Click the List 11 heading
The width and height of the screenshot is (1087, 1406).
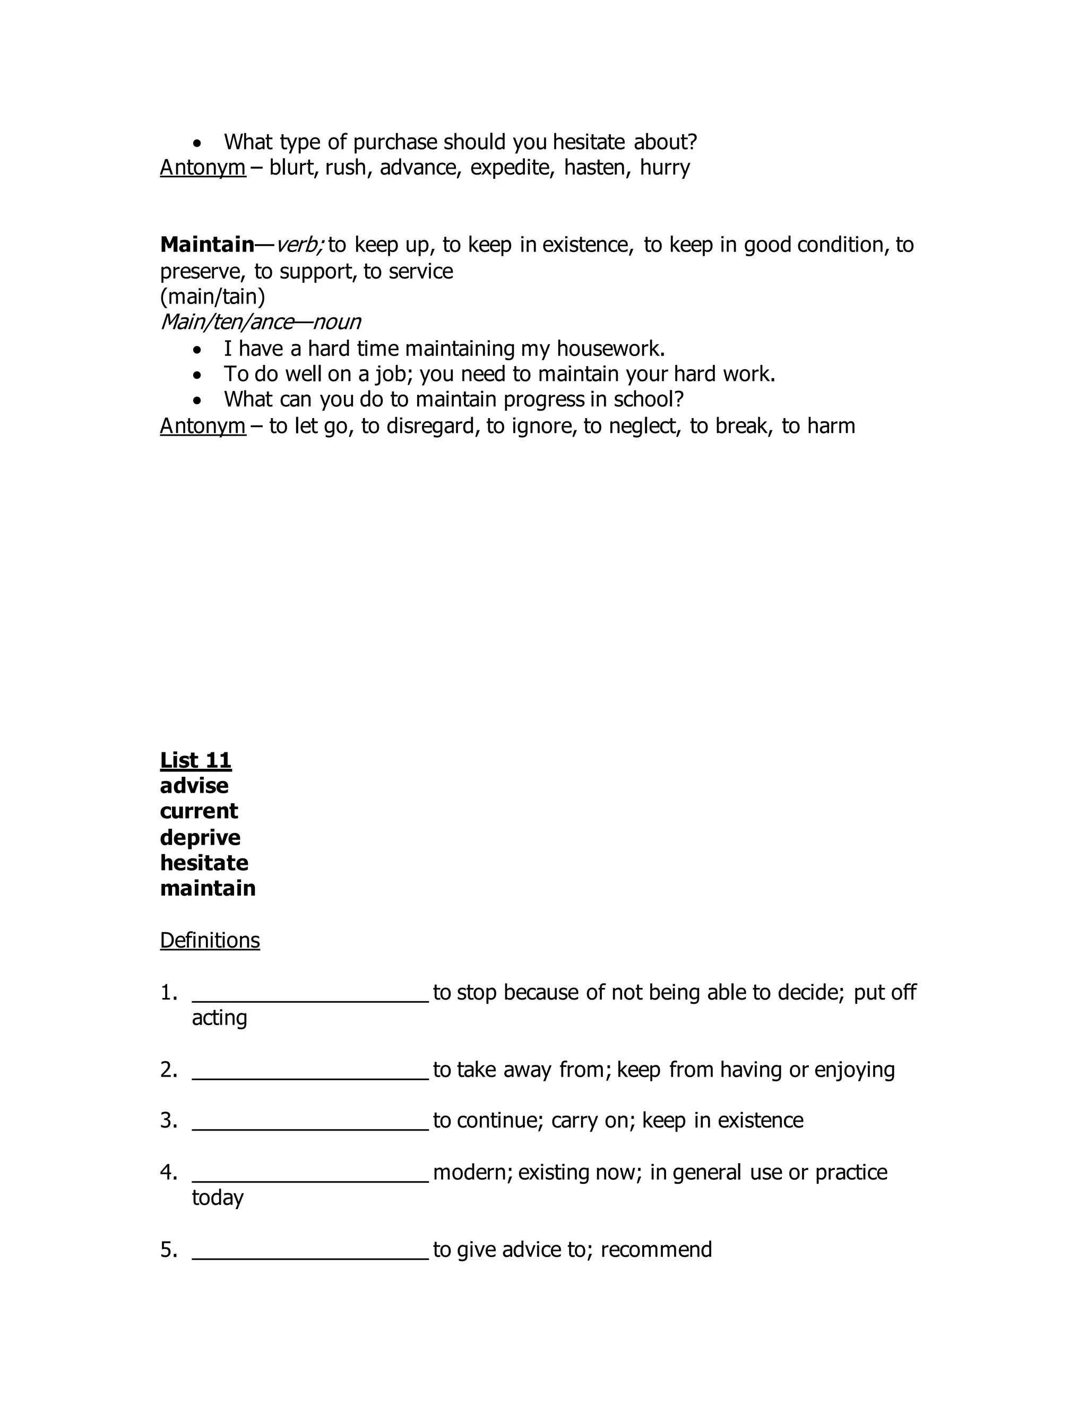coord(195,760)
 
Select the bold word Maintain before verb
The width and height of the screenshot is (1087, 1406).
coord(206,245)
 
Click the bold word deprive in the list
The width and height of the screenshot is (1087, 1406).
coord(200,838)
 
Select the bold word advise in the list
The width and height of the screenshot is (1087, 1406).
coord(194,786)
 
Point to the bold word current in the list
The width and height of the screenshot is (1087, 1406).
coord(199,811)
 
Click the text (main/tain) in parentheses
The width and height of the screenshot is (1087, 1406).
coord(212,296)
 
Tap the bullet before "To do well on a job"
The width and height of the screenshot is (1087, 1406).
coord(197,375)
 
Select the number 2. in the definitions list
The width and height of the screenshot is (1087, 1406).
coord(169,1069)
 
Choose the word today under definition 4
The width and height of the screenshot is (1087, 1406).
coord(218,1197)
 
